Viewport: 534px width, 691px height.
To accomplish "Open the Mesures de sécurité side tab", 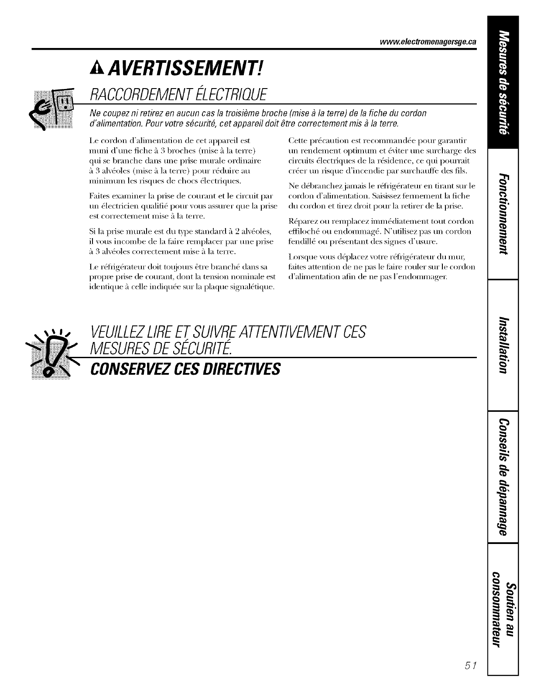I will (x=503, y=82).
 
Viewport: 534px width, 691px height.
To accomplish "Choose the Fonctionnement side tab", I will (x=503, y=213).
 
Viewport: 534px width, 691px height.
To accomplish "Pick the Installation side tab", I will (x=503, y=345).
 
